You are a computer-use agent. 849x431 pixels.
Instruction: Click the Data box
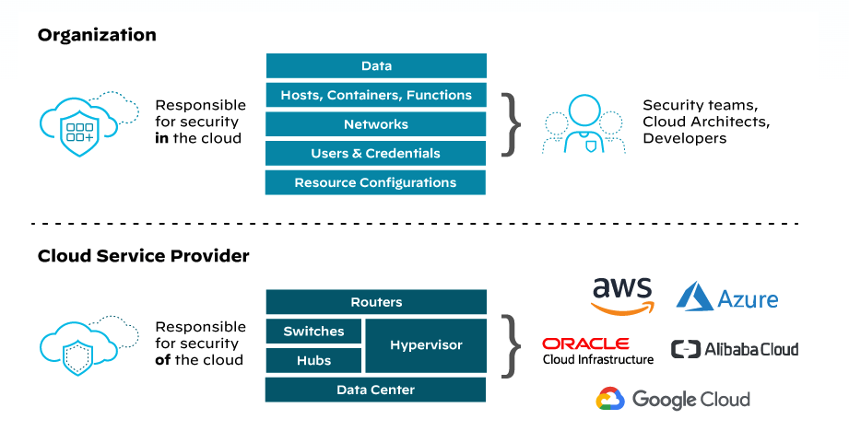pyautogui.click(x=376, y=66)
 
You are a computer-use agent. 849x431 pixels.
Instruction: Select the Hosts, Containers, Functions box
pyautogui.click(x=376, y=95)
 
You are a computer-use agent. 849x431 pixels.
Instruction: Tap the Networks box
pyautogui.click(x=376, y=124)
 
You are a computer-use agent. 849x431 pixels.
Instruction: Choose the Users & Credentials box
pyautogui.click(x=376, y=153)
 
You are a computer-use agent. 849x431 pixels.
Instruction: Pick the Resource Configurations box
pyautogui.click(x=376, y=182)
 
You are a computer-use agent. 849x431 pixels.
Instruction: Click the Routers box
pyautogui.click(x=376, y=302)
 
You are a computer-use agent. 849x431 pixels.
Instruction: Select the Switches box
pyautogui.click(x=313, y=332)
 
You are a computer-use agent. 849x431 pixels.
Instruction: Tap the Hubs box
pyautogui.click(x=313, y=360)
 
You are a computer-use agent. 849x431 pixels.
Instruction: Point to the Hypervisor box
pyautogui.click(x=426, y=345)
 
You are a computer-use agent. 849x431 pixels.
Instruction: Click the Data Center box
pyautogui.click(x=376, y=390)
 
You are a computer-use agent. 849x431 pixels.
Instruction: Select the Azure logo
pyautogui.click(x=727, y=297)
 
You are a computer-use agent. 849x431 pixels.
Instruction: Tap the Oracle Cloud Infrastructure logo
pyautogui.click(x=598, y=351)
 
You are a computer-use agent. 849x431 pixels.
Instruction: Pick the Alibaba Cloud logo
pyautogui.click(x=735, y=349)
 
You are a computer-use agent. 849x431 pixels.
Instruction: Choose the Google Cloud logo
pyautogui.click(x=673, y=399)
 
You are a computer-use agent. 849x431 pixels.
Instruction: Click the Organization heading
pyautogui.click(x=97, y=35)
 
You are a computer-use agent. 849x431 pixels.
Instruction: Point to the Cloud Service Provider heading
pyautogui.click(x=144, y=256)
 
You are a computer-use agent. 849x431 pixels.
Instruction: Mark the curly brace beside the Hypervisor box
pyautogui.click(x=509, y=345)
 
